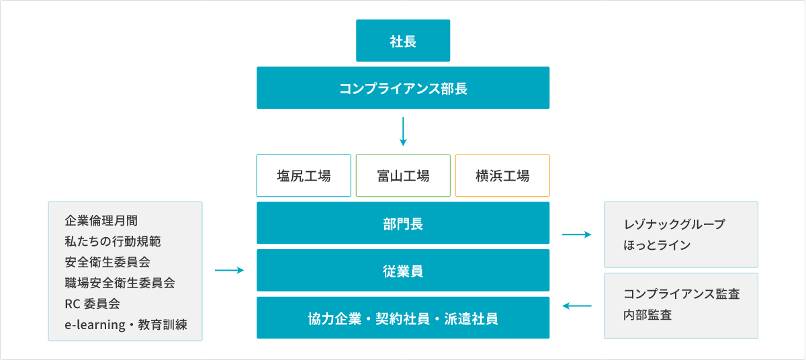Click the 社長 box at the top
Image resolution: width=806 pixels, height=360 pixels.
pos(403,41)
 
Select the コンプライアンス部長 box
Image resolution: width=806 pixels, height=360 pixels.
pos(403,87)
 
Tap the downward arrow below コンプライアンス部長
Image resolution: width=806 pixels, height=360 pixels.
pos(403,132)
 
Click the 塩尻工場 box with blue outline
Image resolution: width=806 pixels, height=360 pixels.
pos(304,176)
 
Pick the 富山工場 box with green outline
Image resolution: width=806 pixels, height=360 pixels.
pos(403,176)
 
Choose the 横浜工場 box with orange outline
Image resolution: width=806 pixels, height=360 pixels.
pos(502,176)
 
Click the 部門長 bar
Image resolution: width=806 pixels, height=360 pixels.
pos(403,224)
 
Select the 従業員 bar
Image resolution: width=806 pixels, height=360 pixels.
pos(403,271)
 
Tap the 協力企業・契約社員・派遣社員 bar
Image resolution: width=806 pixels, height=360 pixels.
pos(403,318)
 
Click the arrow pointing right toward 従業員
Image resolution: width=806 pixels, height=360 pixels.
pos(229,271)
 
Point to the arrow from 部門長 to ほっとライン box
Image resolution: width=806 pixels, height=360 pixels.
pos(576,234)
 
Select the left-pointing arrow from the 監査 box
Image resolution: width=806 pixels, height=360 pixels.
pos(576,306)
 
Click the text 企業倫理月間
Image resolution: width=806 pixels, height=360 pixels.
pos(101,220)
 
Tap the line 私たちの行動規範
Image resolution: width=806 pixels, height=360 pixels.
pos(113,241)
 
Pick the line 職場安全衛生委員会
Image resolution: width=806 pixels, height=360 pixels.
pos(120,283)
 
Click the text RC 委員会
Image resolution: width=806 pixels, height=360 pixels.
pos(92,304)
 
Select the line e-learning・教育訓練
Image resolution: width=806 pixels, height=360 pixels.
pos(126,325)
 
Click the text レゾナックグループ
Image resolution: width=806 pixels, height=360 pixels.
pos(674,224)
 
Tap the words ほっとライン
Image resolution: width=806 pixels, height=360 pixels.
pos(657,245)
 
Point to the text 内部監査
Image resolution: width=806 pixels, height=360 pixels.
pos(647,315)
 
